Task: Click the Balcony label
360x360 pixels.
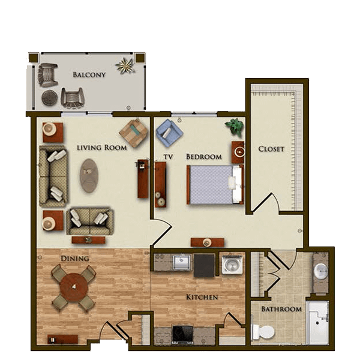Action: pos(89,75)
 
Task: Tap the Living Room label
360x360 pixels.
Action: pos(102,148)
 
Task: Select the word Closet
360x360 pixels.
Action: pos(271,149)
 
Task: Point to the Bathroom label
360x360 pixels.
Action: pos(281,309)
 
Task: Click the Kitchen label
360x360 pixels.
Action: pos(202,297)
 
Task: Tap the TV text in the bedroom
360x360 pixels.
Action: pos(168,157)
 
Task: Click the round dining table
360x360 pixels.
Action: pos(74,286)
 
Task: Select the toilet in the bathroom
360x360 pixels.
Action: pos(263,331)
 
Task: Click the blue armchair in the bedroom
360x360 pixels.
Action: pos(169,133)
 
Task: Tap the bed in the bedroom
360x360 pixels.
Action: pos(215,184)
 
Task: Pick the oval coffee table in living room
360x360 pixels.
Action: pos(89,176)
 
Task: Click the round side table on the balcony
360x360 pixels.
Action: pos(49,98)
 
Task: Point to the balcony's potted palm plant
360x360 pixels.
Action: pos(125,65)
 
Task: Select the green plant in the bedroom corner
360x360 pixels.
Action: pos(235,127)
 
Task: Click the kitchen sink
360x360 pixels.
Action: pos(182,262)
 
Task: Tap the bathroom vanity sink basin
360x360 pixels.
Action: pos(320,271)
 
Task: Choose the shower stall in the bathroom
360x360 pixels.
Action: pos(317,323)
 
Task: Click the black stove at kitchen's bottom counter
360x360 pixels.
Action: pos(183,335)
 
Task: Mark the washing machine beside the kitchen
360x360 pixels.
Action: pos(232,263)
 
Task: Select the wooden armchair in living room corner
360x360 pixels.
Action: pos(134,134)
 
